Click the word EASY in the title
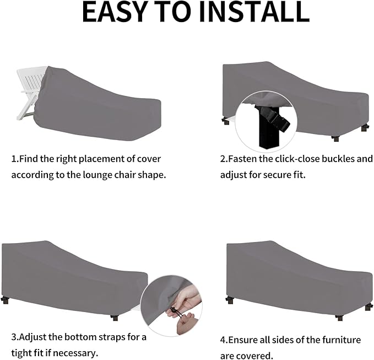(114, 13)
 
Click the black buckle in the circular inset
(274, 119)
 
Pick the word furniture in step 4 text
(342, 340)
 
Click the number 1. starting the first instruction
(15, 159)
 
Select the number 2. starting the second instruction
(224, 159)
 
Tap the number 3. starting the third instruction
(15, 337)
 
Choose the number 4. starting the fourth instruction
(224, 340)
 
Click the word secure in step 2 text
(272, 175)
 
